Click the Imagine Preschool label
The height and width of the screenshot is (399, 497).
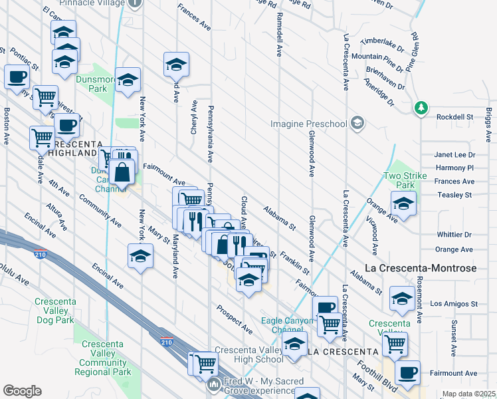click(x=309, y=124)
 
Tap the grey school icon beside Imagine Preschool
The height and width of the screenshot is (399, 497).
click(x=357, y=123)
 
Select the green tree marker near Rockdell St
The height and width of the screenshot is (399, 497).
click(x=420, y=107)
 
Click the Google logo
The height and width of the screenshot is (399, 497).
click(x=22, y=391)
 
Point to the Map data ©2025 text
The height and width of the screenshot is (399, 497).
click(x=468, y=394)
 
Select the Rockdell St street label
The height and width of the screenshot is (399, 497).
click(x=454, y=117)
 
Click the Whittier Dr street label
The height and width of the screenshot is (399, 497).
click(x=454, y=235)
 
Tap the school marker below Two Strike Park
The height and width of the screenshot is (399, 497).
click(x=403, y=205)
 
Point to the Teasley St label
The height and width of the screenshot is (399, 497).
click(x=454, y=195)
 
